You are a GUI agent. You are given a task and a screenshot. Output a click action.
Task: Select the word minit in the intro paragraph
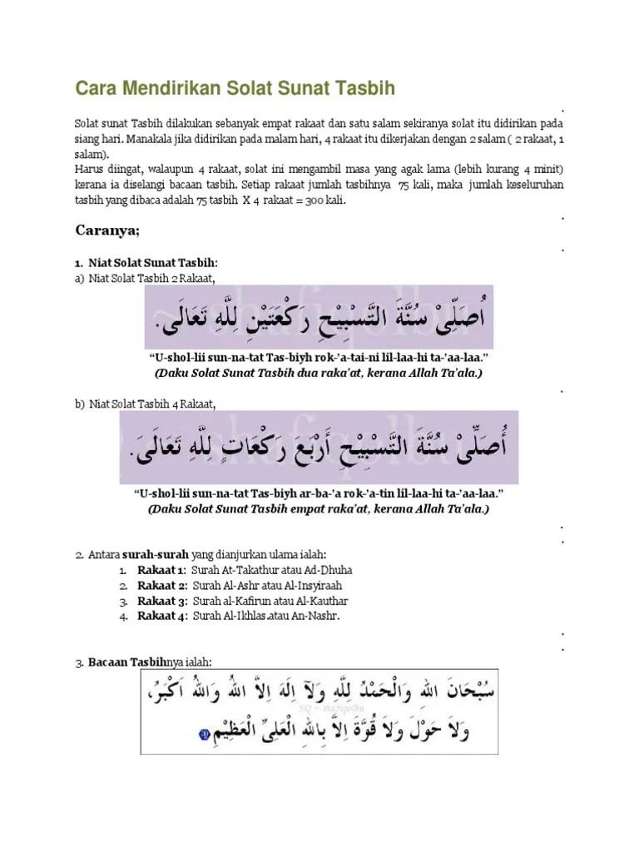547,169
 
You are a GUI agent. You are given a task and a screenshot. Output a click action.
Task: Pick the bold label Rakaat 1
161,571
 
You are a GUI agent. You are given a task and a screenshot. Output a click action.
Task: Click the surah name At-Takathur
246,571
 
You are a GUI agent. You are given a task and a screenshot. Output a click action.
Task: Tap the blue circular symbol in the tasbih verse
205,735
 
